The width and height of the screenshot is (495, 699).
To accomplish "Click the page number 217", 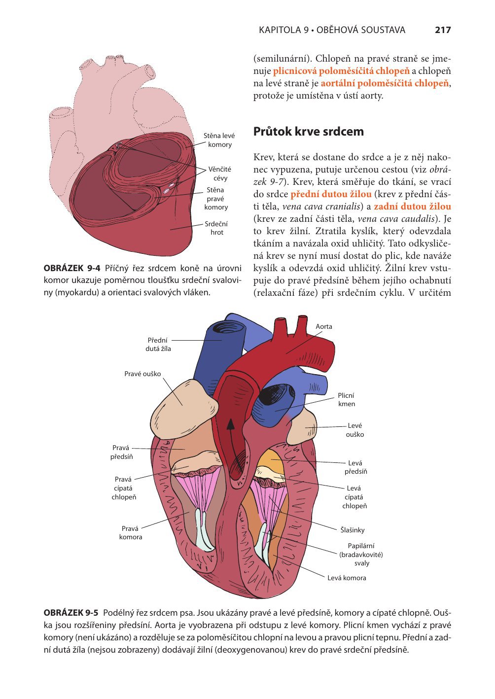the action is [x=443, y=30].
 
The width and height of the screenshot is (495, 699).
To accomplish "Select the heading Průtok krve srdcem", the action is [x=308, y=132].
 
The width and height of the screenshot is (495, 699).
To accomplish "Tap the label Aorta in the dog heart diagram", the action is [x=323, y=326].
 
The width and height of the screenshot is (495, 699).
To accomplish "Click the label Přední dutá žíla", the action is [x=158, y=344].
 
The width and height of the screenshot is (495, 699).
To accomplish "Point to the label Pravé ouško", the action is [x=142, y=374].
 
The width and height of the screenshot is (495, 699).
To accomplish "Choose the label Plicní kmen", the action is [x=346, y=399].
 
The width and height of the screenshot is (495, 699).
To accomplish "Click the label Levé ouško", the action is [x=355, y=430].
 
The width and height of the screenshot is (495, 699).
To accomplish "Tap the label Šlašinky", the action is [x=353, y=530].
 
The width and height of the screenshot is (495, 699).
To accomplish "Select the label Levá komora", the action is [x=347, y=578].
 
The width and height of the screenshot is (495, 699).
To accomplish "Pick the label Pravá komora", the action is [x=131, y=532].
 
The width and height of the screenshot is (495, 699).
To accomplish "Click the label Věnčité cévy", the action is [x=220, y=174].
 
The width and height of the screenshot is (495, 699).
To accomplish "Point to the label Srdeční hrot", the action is [x=216, y=228].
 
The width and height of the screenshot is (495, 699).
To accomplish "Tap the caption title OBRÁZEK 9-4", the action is [x=72, y=268].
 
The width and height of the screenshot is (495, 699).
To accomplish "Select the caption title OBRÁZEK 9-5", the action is [x=71, y=613].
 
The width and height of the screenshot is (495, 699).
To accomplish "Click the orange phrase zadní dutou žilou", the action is [x=412, y=206].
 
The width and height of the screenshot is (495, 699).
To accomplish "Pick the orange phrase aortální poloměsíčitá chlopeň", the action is [x=385, y=83].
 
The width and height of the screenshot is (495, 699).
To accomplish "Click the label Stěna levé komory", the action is [x=219, y=140].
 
